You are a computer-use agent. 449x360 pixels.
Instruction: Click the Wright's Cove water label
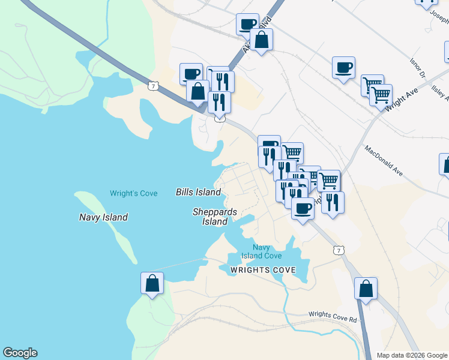tap(133, 193)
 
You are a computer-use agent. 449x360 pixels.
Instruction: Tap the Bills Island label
tap(198, 193)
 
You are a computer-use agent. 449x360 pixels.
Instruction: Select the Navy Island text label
tap(103, 217)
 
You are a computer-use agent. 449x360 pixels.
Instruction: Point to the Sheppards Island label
tap(215, 217)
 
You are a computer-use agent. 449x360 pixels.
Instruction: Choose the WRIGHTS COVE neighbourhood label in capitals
tap(263, 271)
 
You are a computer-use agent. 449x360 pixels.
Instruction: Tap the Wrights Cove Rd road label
tap(333, 316)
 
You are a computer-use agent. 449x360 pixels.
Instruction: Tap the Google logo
tap(20, 353)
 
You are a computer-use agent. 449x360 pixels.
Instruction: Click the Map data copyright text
tap(412, 355)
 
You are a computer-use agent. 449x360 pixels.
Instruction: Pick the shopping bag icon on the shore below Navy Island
tap(152, 283)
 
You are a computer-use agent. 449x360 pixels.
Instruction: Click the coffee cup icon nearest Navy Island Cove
tap(303, 209)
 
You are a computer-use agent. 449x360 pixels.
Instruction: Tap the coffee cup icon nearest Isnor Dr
tap(343, 68)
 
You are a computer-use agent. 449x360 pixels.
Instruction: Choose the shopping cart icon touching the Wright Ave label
tap(381, 95)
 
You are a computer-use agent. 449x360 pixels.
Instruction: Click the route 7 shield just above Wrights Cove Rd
tap(340, 249)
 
